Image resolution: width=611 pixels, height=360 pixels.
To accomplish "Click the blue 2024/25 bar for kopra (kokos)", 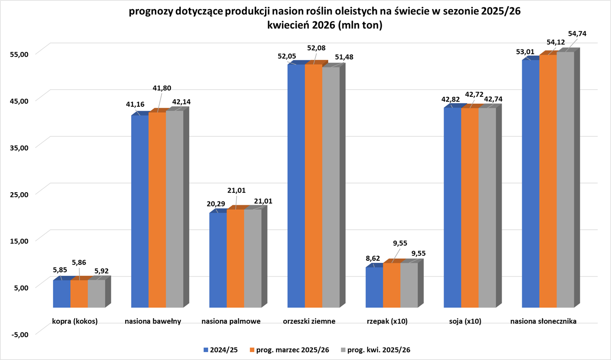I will pyautogui.click(x=62, y=294).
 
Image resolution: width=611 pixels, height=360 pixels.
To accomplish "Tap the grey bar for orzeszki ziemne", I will pyautogui.click(x=331, y=187).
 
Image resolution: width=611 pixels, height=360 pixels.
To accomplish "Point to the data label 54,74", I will pyautogui.click(x=577, y=34).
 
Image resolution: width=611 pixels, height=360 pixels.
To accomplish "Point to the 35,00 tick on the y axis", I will pyautogui.click(x=19, y=147).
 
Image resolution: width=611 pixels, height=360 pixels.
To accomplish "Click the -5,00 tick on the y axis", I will pyautogui.click(x=19, y=334).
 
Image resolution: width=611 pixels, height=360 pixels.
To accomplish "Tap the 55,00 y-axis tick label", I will pyautogui.click(x=19, y=54).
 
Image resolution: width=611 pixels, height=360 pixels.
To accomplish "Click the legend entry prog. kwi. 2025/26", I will pyautogui.click(x=375, y=350).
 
